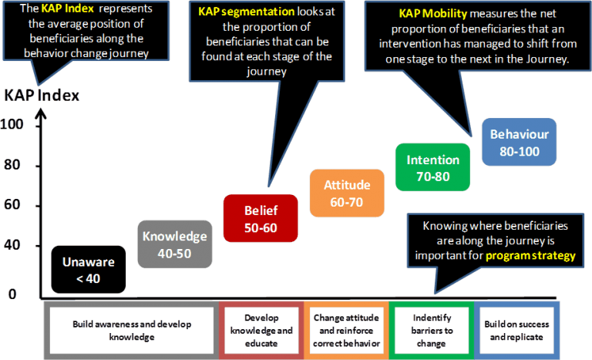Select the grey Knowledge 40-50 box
[173, 244]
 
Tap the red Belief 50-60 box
[260, 219]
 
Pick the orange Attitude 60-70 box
[347, 193]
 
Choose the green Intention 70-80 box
[432, 168]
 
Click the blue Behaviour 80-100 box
[520, 142]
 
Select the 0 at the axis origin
[12, 294]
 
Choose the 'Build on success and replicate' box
[516, 330]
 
